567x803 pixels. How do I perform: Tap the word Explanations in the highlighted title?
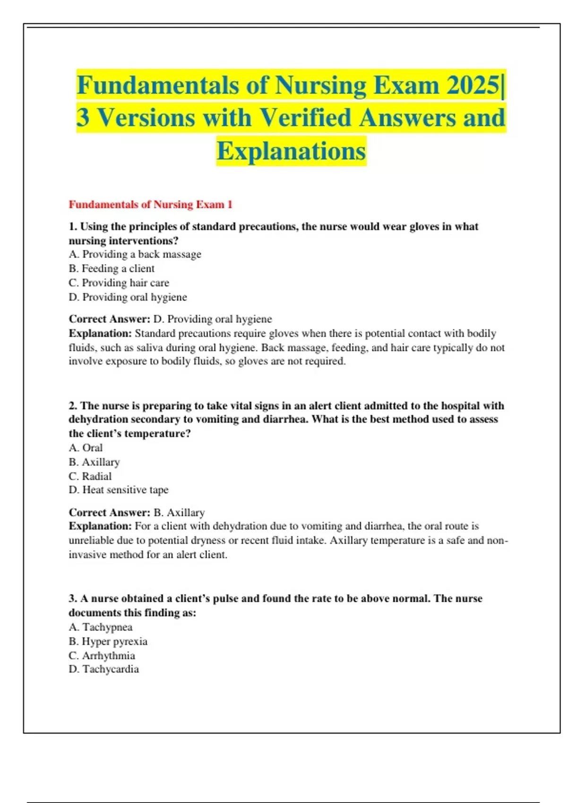click(x=291, y=151)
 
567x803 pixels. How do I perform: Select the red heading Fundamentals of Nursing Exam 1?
click(x=150, y=205)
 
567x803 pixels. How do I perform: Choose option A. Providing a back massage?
click(x=135, y=254)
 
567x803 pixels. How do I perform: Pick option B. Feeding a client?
click(x=112, y=268)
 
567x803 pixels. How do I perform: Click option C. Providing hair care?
click(x=119, y=282)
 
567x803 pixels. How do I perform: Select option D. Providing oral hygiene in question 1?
click(x=128, y=297)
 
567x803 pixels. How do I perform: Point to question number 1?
click(x=73, y=227)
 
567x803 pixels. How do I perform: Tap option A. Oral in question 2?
click(x=86, y=447)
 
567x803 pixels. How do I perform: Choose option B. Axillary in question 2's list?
click(x=94, y=461)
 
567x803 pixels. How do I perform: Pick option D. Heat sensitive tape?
click(x=119, y=490)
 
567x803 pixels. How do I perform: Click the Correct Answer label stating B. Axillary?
click(x=109, y=513)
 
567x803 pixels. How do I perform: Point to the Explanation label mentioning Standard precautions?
click(x=100, y=333)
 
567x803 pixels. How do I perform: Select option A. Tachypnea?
click(x=100, y=627)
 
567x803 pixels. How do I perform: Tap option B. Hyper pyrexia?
click(x=108, y=641)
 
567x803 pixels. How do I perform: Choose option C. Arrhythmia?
click(x=102, y=655)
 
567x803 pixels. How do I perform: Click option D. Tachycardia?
click(x=103, y=669)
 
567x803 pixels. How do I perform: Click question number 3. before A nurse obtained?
click(x=73, y=598)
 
